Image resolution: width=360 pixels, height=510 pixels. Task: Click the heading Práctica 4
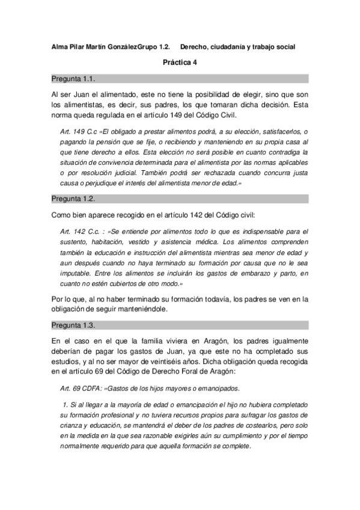(180, 62)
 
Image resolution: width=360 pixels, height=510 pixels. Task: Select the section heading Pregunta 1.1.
(73, 78)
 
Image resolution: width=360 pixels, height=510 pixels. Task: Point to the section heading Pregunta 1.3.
(73, 325)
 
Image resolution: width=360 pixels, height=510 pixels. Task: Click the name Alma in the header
(61, 46)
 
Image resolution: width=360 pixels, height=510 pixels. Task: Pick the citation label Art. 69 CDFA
(82, 388)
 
